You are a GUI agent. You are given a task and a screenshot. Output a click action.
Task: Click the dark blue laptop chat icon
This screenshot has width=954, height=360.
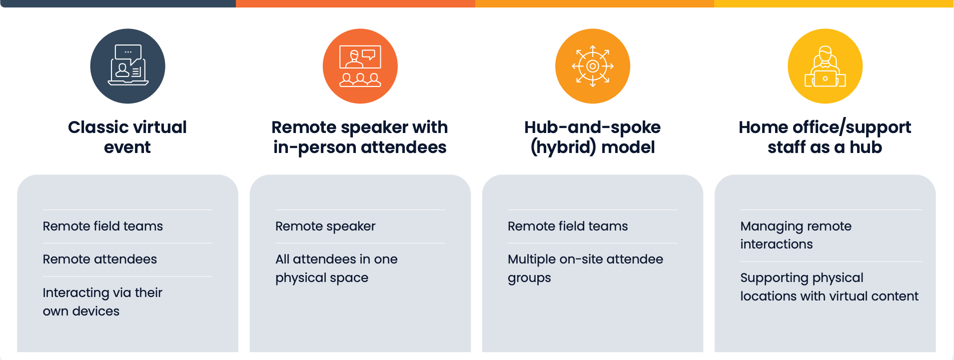pyautogui.click(x=128, y=66)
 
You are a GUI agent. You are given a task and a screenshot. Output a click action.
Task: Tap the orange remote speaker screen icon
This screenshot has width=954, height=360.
pyautogui.click(x=360, y=66)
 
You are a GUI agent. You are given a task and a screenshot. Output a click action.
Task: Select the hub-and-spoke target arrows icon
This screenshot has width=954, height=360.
pyautogui.click(x=593, y=66)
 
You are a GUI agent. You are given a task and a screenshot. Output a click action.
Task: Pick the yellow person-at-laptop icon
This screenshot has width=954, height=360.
pyautogui.click(x=825, y=66)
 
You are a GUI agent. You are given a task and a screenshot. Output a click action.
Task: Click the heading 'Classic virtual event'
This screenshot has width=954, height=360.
pyautogui.click(x=127, y=137)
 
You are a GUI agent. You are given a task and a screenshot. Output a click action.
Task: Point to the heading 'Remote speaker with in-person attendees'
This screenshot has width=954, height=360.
pyautogui.click(x=360, y=137)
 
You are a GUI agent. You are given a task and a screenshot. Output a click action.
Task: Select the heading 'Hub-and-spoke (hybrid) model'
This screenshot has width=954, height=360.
pyautogui.click(x=593, y=137)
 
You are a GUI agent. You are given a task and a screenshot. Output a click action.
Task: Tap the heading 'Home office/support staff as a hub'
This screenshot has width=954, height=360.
pyautogui.click(x=825, y=137)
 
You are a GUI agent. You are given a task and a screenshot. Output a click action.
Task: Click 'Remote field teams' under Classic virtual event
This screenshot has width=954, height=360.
pyautogui.click(x=103, y=226)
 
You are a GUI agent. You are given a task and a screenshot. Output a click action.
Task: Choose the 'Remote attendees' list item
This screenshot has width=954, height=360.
pyautogui.click(x=100, y=259)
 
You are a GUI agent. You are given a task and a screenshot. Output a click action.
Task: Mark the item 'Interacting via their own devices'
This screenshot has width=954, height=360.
pyautogui.click(x=102, y=301)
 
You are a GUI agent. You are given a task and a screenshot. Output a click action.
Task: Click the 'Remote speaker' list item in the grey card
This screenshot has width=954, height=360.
pyautogui.click(x=325, y=226)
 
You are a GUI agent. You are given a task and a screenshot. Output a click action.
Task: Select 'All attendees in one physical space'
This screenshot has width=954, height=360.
pyautogui.click(x=336, y=268)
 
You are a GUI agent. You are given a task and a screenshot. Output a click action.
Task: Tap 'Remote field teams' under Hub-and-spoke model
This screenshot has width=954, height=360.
pyautogui.click(x=568, y=226)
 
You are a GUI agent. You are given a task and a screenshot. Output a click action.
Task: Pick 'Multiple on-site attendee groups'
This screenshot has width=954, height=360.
pyautogui.click(x=585, y=268)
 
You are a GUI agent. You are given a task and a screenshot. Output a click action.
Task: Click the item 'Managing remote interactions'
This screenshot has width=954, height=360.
pyautogui.click(x=796, y=235)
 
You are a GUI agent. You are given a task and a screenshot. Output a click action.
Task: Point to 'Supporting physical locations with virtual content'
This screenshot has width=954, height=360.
pyautogui.click(x=829, y=286)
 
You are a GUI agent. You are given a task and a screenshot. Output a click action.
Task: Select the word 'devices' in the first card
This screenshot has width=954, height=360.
pyautogui.click(x=95, y=311)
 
